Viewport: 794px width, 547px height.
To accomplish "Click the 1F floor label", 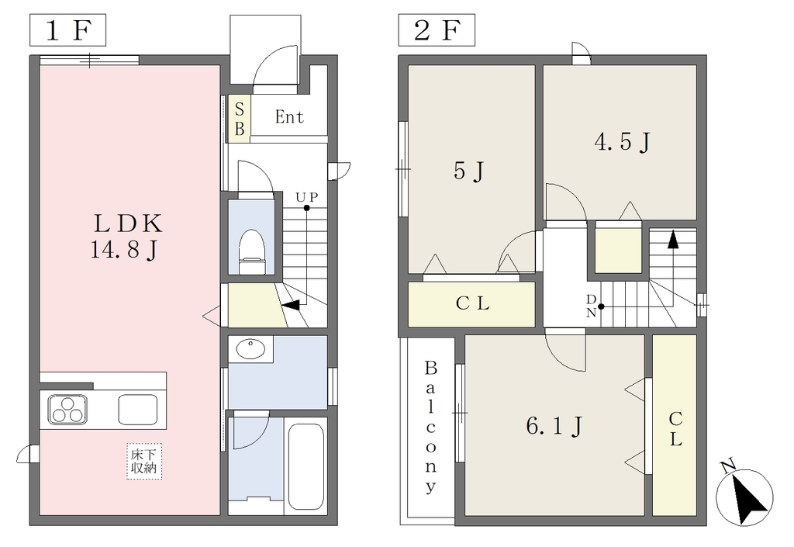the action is [x=68, y=30].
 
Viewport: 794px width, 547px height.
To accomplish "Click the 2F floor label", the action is [x=437, y=30].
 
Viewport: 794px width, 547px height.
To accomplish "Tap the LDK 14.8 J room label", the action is [x=126, y=237].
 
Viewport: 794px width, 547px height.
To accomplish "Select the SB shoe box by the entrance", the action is [x=240, y=119].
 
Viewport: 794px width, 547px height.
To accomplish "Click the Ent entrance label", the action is [x=289, y=117].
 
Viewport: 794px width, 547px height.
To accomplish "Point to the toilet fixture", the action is [x=252, y=251].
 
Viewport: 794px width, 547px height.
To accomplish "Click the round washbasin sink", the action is [x=250, y=349].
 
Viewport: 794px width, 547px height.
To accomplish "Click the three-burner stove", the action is [x=67, y=410].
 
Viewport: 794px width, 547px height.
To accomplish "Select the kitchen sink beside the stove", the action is [x=138, y=410].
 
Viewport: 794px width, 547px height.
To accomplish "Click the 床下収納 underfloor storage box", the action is [x=144, y=462].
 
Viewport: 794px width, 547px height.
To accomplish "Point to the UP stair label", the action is [x=307, y=196].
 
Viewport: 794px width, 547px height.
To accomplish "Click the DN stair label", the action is [x=591, y=306].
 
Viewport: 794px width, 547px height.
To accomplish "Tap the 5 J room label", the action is [x=468, y=171].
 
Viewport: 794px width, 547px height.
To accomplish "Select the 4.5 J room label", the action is [x=622, y=142].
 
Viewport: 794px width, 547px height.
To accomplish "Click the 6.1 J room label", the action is [x=554, y=426].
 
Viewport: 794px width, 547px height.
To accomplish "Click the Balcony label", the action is [x=430, y=427].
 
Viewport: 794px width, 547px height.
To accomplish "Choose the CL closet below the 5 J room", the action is [x=472, y=304].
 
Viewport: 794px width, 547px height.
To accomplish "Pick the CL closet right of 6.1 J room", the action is [x=675, y=425].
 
